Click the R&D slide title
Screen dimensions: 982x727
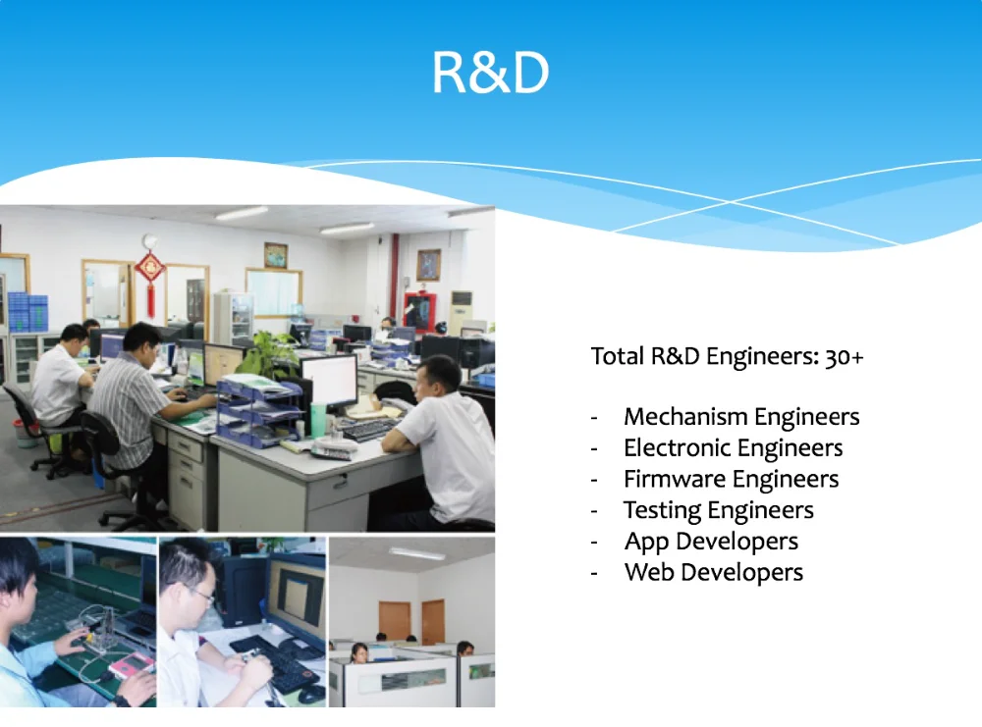pos(490,73)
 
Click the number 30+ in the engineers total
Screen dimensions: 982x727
pos(845,356)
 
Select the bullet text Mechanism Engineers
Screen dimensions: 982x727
pos(741,417)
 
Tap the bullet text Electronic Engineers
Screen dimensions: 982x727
pos(734,448)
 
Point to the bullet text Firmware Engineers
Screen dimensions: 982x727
pos(731,479)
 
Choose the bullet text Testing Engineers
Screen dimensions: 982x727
pos(719,510)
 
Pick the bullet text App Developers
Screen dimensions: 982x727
pos(711,542)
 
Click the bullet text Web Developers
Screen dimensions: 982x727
pos(714,572)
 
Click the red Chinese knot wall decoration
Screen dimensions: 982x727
pos(150,282)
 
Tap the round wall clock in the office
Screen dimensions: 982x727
pos(149,241)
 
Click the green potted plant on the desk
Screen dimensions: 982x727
pos(267,355)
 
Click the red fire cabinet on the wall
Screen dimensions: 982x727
pos(419,310)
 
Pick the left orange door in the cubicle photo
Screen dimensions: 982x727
pos(395,621)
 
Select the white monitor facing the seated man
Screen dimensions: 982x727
pos(329,382)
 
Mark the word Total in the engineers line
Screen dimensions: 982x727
pos(618,356)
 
